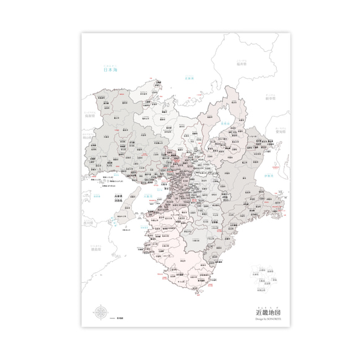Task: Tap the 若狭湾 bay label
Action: (x=192, y=78)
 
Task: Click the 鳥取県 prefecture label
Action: (x=89, y=115)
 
